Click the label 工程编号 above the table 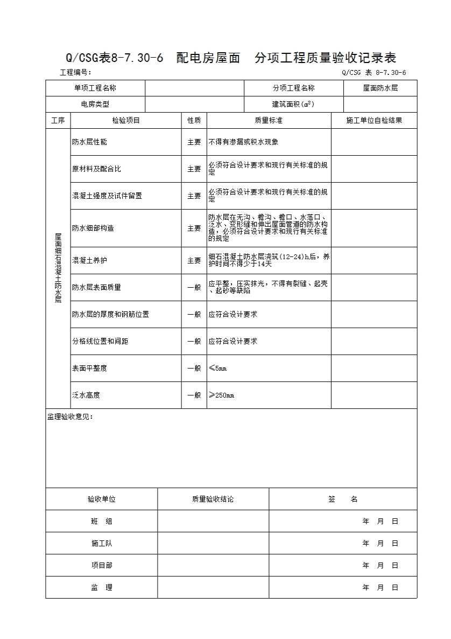coord(75,73)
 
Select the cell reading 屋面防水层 coord(380,88)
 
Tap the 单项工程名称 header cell coord(95,88)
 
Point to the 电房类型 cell coord(95,104)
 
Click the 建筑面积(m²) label coord(293,104)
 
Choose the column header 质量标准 coord(269,121)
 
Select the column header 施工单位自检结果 coord(374,121)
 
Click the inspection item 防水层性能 coord(89,142)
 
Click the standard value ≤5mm coord(218,369)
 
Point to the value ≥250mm coord(221,395)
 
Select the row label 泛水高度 coord(86,395)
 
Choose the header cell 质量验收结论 coord(213,499)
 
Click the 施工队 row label coord(102,544)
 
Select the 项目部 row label coord(102,566)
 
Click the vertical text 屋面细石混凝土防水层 coord(58,268)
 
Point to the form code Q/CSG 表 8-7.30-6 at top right coord(374,73)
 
